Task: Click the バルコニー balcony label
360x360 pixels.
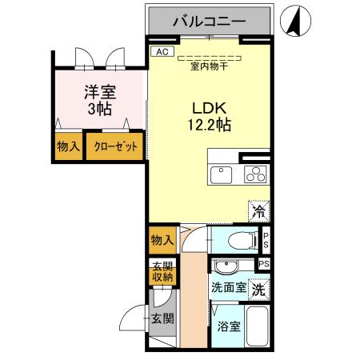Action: (210, 22)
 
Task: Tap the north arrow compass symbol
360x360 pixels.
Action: (293, 20)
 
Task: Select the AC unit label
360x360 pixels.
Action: (162, 52)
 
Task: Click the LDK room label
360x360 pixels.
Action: (209, 107)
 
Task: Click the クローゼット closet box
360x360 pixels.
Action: (115, 147)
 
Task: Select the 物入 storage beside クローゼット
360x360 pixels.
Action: (69, 147)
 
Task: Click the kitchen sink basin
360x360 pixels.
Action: (220, 174)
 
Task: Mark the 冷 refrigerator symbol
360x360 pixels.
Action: (259, 211)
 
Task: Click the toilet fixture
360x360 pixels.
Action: (237, 239)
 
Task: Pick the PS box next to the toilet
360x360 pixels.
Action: (266, 240)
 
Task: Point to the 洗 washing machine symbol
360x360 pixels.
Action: (258, 288)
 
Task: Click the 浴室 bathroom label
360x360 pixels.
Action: (229, 326)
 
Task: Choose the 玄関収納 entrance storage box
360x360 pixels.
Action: (158, 273)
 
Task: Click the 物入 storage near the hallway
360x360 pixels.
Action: (162, 240)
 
